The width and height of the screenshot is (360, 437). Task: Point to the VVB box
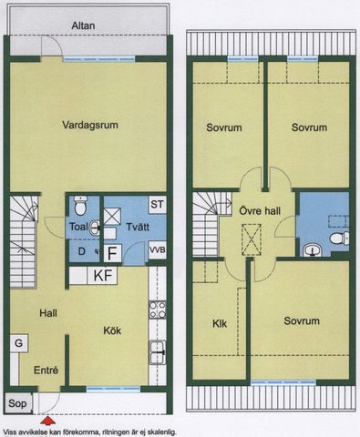click(158, 249)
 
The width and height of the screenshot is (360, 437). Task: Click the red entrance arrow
click(47, 420)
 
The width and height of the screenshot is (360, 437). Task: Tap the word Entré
click(46, 371)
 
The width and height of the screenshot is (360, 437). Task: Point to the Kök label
click(112, 330)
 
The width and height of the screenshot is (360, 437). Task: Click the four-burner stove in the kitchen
click(156, 310)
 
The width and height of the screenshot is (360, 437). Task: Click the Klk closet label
click(219, 322)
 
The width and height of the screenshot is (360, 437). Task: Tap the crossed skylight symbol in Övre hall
click(250, 239)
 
